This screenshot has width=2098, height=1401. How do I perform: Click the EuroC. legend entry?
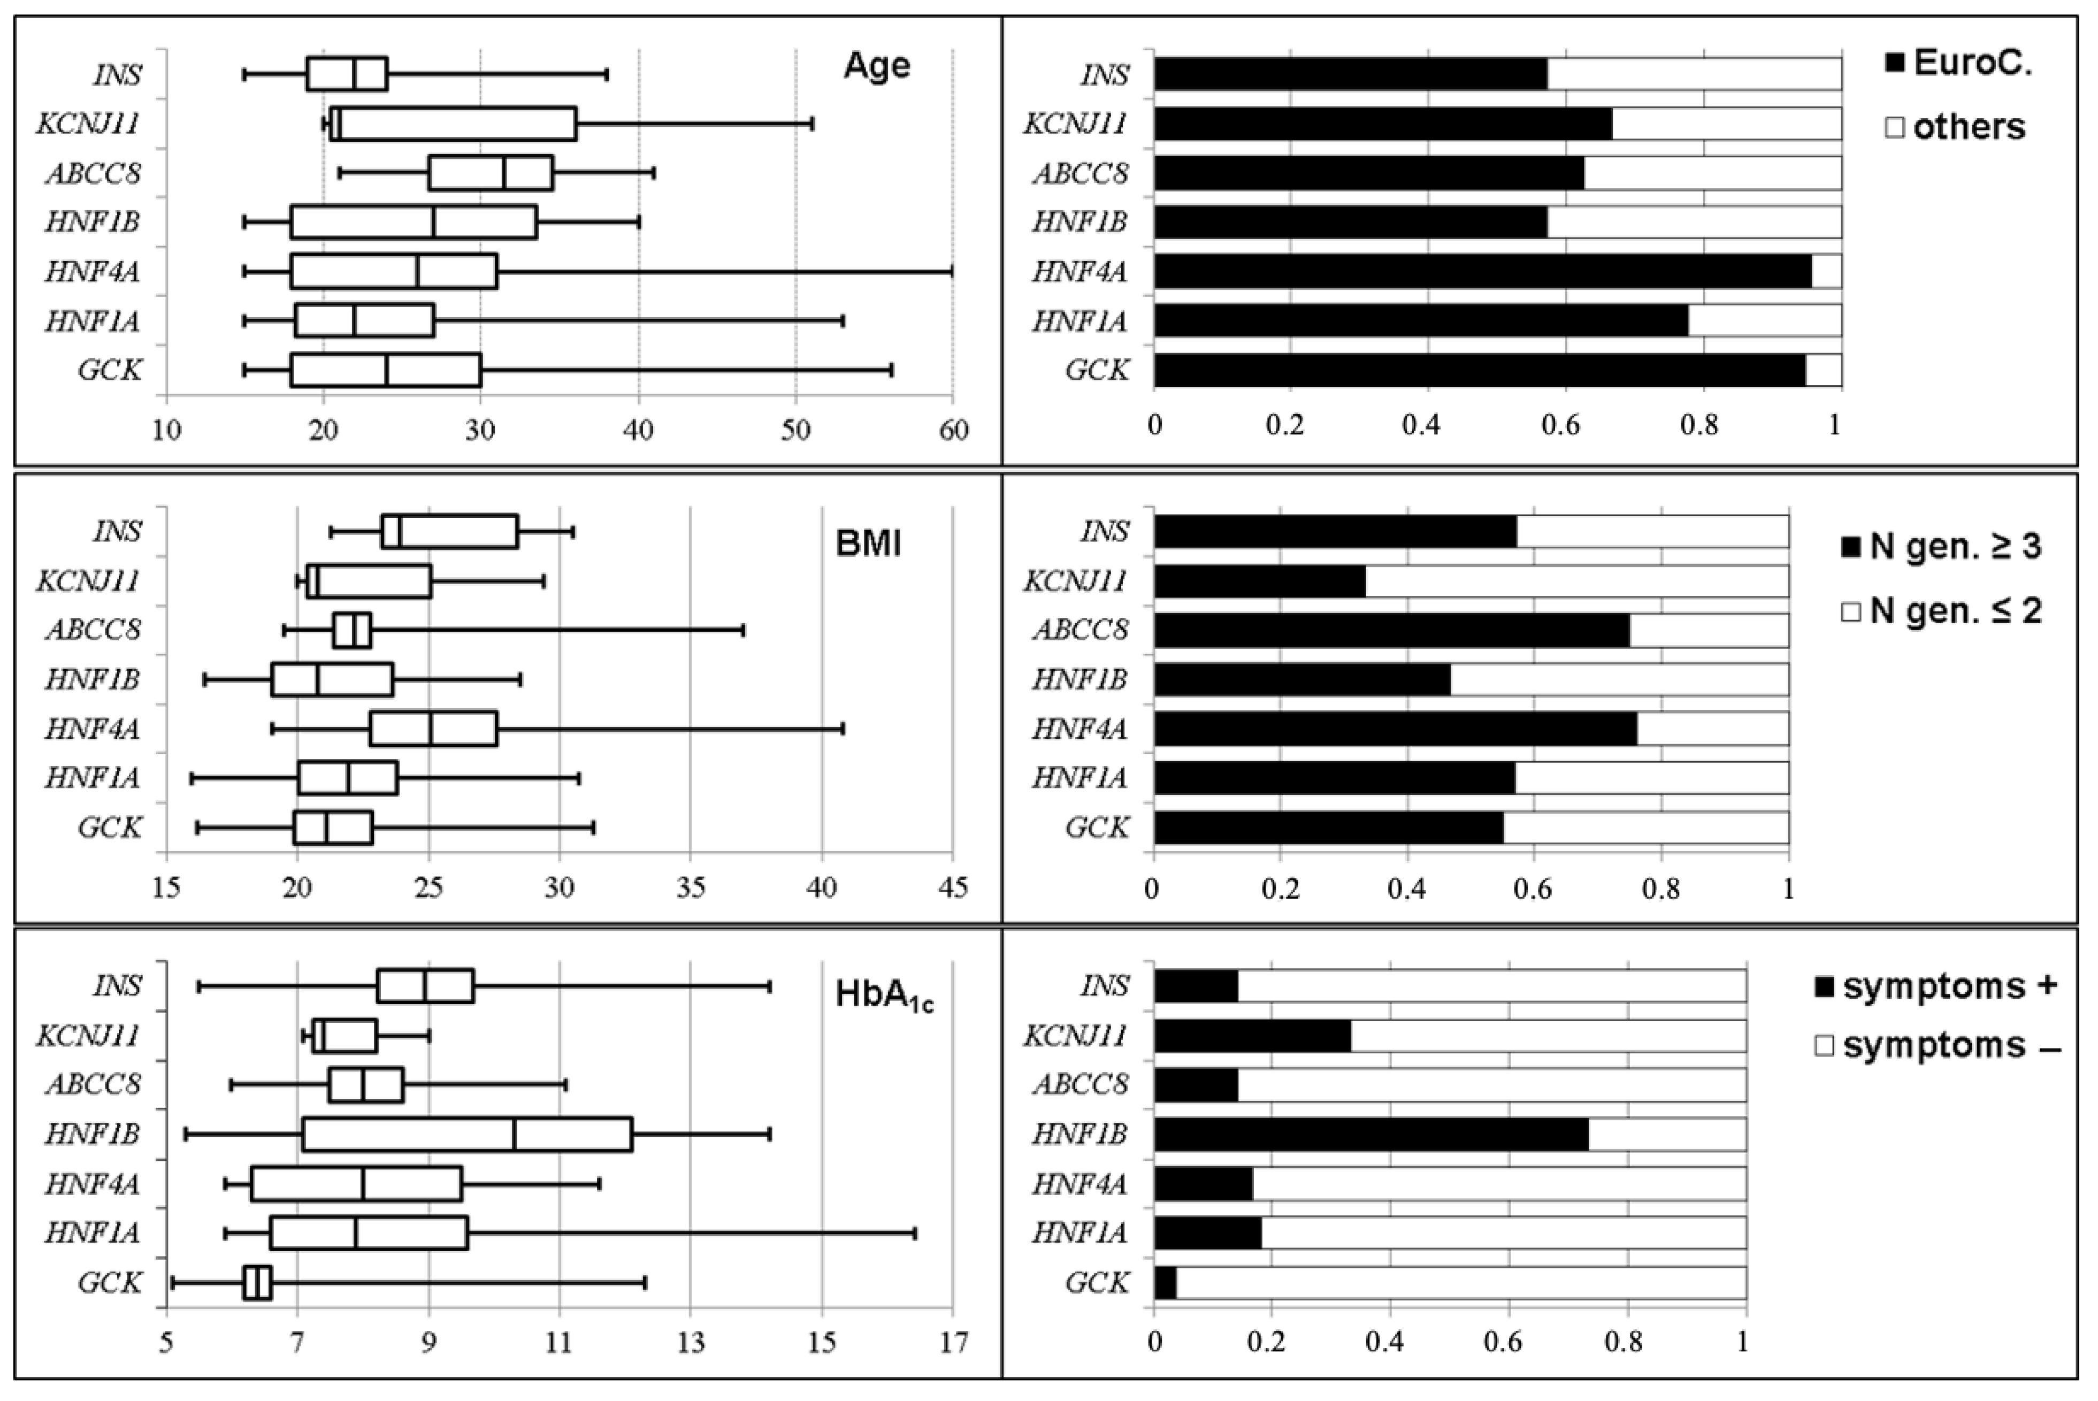(x=1957, y=64)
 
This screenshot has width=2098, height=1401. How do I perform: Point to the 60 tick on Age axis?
(x=953, y=431)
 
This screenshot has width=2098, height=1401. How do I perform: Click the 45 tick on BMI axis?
(x=953, y=888)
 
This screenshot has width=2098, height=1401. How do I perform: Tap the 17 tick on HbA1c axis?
(x=953, y=1343)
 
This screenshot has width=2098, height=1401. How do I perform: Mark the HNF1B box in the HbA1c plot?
(x=468, y=1134)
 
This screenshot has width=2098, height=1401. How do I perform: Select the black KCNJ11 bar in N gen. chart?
(x=1260, y=581)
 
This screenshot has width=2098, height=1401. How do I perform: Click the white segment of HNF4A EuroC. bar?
(x=1826, y=271)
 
